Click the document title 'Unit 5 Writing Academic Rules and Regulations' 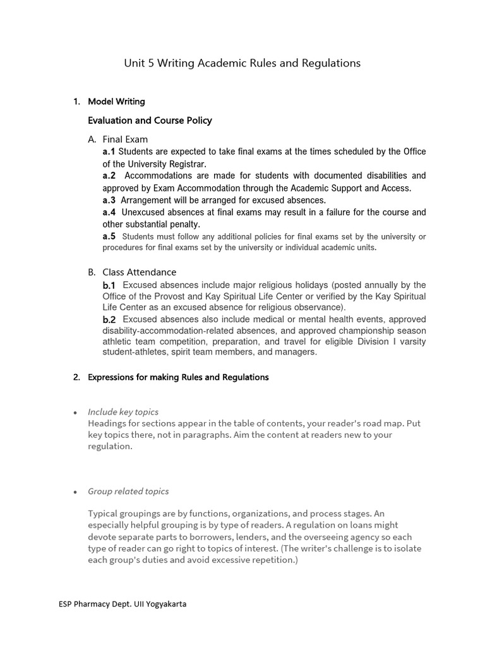click(x=242, y=63)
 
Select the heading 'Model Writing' click(x=116, y=101)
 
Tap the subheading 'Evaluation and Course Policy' click(x=150, y=120)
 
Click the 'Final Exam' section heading click(x=125, y=139)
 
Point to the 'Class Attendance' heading click(x=139, y=272)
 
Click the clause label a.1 click(x=109, y=152)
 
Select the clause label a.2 click(x=109, y=176)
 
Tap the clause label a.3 click(x=109, y=200)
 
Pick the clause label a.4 click(x=109, y=212)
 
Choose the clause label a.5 click(x=109, y=236)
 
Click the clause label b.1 click(x=109, y=286)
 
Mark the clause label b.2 click(x=109, y=320)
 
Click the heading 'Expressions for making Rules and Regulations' click(x=178, y=377)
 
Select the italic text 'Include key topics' click(x=123, y=412)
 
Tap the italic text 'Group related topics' click(x=128, y=491)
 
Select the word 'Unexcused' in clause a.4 click(x=143, y=212)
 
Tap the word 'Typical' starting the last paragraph click(x=103, y=514)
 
